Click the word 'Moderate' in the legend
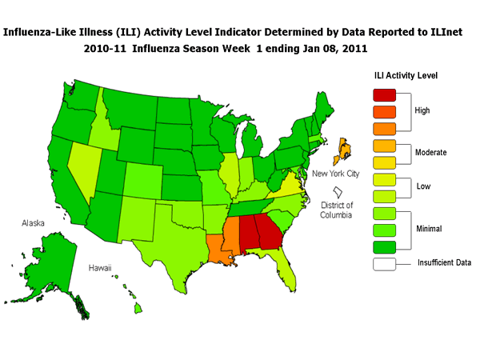[x=429, y=152]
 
